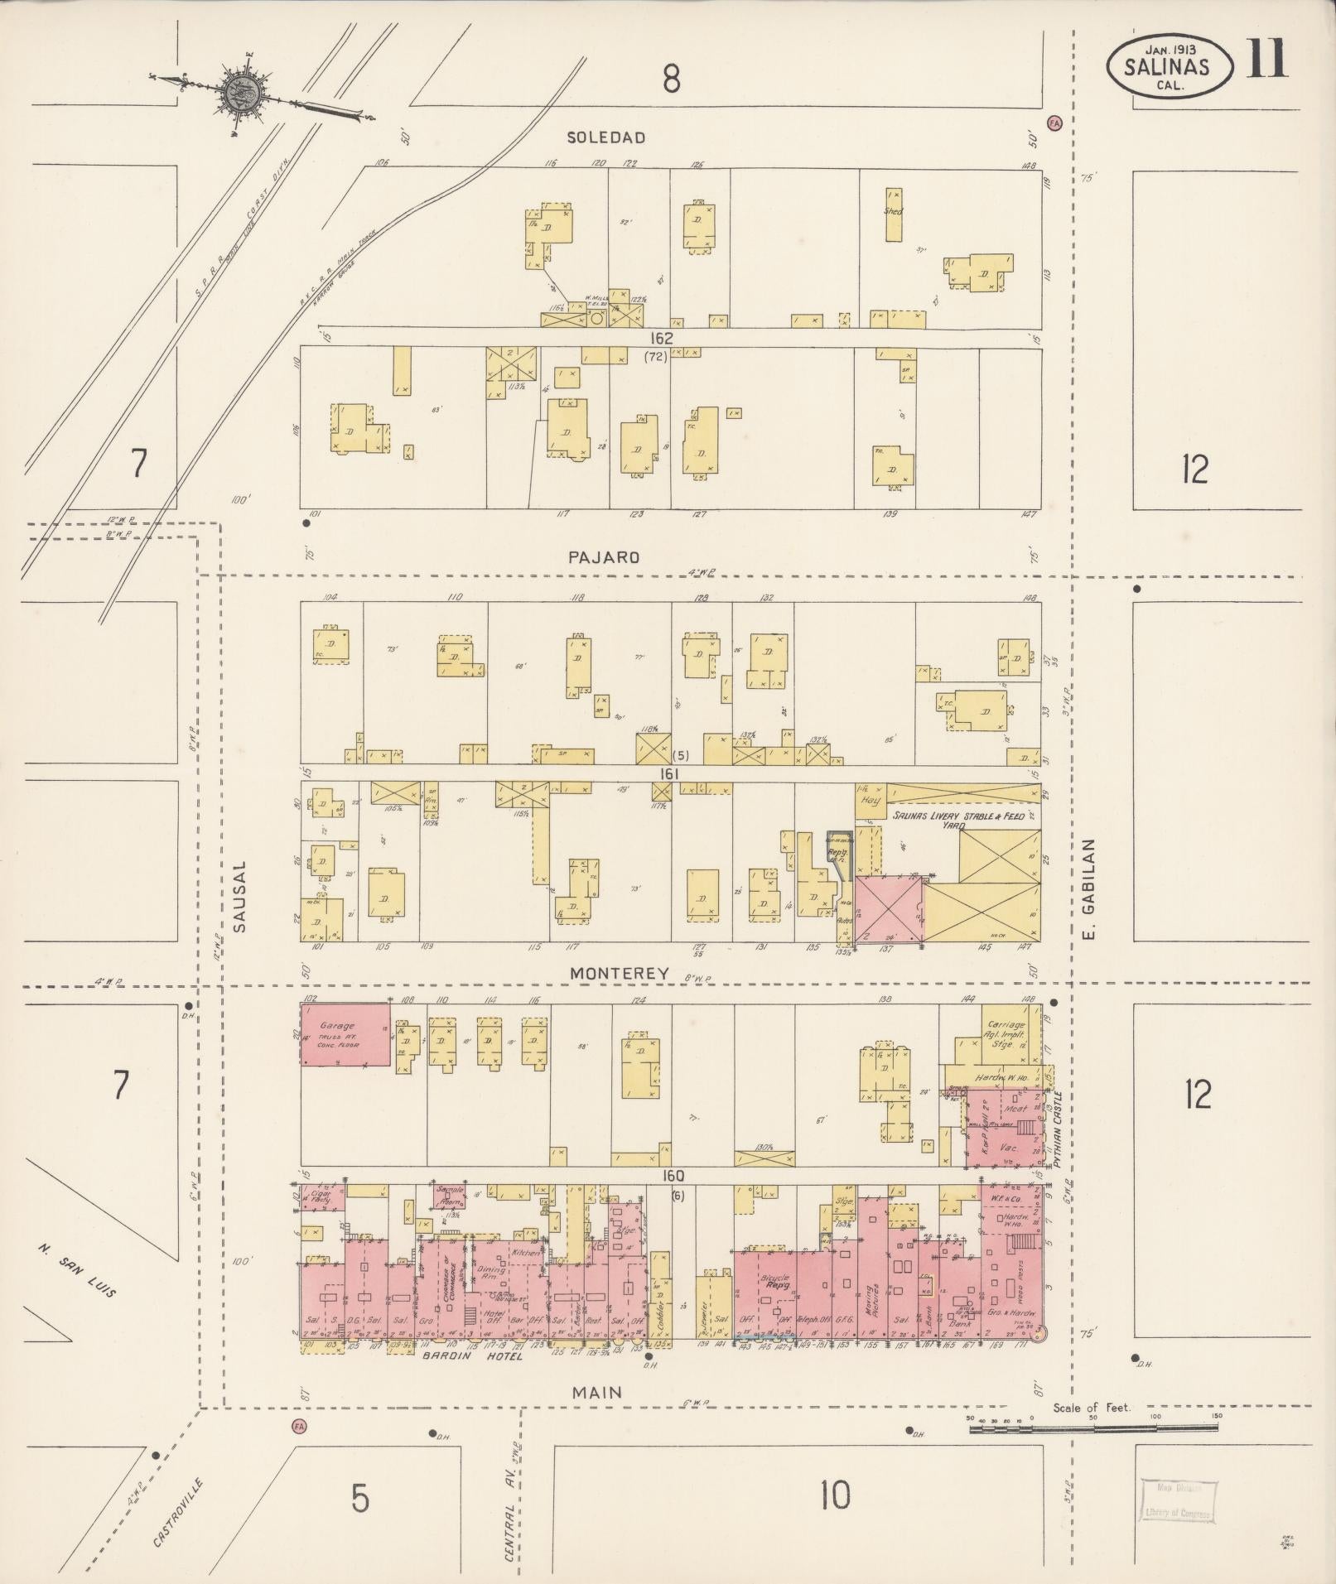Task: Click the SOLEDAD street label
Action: [605, 137]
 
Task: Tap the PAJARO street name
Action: [604, 557]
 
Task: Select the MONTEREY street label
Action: [619, 975]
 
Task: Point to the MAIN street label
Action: [596, 1393]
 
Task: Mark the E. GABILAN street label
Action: [1090, 890]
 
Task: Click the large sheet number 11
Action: [1266, 60]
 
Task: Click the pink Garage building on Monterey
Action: [345, 1035]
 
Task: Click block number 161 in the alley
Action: [669, 773]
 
